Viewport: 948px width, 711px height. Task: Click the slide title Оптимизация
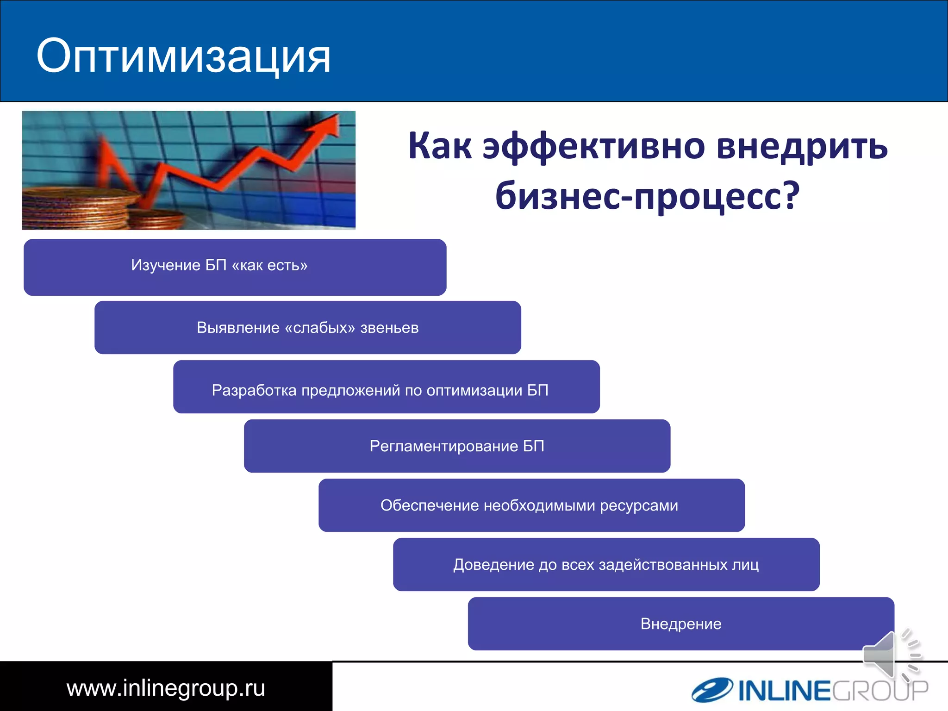tap(183, 56)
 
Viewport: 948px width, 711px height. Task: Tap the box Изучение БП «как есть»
tap(235, 267)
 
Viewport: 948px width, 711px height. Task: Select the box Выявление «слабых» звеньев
tap(307, 327)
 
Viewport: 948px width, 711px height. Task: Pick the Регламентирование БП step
tap(457, 446)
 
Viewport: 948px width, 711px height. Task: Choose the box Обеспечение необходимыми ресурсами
tap(531, 505)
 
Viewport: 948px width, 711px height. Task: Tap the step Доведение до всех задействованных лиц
tap(606, 564)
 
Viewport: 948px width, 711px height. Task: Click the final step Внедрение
tap(680, 624)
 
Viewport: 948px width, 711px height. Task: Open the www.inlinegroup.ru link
tap(166, 688)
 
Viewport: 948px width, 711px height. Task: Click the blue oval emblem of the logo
tap(712, 690)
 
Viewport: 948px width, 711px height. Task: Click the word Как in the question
tap(440, 146)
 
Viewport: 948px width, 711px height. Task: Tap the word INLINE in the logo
tap(785, 691)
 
